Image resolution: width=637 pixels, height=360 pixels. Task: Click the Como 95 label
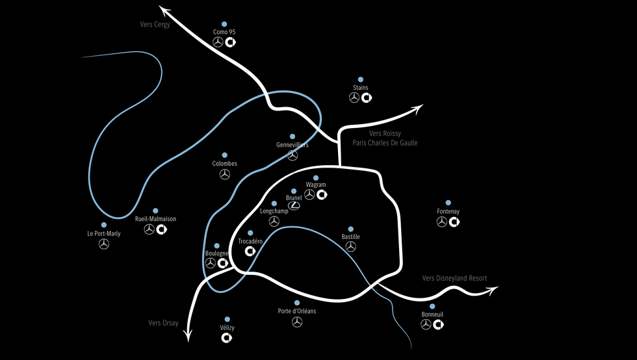tap(224, 31)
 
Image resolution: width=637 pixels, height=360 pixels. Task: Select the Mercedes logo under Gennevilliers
tap(292, 155)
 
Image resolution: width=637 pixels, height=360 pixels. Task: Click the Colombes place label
tap(224, 164)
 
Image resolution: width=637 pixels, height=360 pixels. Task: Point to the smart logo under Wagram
tap(321, 194)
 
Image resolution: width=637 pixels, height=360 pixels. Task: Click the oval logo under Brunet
tap(294, 206)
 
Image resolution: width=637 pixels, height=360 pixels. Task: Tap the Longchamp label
tap(274, 211)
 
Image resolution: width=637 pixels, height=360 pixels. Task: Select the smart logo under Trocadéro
tap(250, 252)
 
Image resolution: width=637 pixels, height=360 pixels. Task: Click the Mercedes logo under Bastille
tap(351, 247)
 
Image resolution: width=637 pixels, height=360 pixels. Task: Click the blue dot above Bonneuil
tap(432, 306)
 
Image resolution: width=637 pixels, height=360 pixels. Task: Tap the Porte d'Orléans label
tap(297, 311)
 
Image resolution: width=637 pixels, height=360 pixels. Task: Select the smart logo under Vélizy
tap(227, 338)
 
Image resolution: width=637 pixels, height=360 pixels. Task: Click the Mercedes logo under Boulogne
tap(210, 263)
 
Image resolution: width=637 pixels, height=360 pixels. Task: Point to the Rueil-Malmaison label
tap(155, 219)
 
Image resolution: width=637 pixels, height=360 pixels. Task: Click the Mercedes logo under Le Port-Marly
tap(103, 244)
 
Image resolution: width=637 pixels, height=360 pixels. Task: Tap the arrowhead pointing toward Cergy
tap(162, 8)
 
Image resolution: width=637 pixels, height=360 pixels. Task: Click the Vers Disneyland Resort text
tap(454, 278)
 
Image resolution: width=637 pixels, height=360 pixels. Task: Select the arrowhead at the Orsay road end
tap(188, 337)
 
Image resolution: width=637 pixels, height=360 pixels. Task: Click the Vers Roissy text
tap(385, 133)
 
